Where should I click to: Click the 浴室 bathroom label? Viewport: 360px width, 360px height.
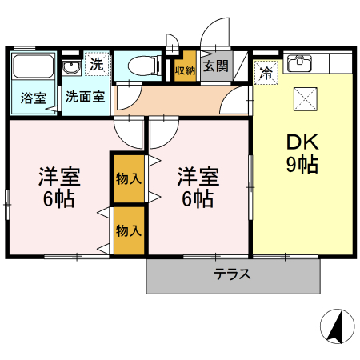34,98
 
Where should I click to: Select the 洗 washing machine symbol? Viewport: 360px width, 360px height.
96,65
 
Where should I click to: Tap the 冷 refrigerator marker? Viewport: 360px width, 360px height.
266,71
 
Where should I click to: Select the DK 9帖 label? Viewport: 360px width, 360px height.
303,154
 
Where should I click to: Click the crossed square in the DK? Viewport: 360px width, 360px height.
305,98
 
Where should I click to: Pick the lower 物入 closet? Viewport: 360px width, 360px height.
128,230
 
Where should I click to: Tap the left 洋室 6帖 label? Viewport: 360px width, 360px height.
58,187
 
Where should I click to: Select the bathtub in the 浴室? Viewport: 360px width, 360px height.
34,70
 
